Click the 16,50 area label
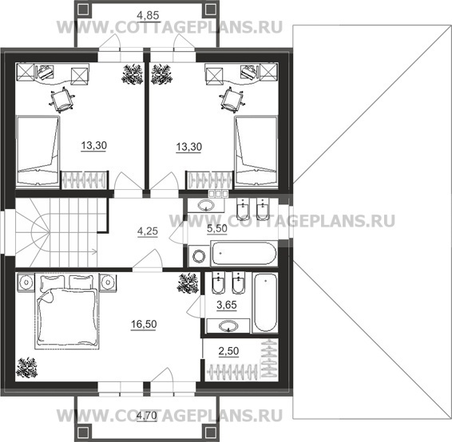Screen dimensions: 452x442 pyautogui.click(x=144, y=324)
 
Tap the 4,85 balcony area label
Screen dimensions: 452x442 pyautogui.click(x=148, y=15)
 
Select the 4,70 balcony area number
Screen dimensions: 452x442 pyautogui.click(x=147, y=416)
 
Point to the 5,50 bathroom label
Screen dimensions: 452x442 pyautogui.click(x=217, y=228)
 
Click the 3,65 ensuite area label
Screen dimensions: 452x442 pyautogui.click(x=227, y=305)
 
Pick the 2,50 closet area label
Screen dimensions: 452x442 pyautogui.click(x=228, y=351)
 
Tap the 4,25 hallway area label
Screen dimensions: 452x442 pyautogui.click(x=148, y=231)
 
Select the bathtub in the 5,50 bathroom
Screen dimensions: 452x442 pyautogui.click(x=244, y=255)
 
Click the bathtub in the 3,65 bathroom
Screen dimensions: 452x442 pyautogui.click(x=265, y=303)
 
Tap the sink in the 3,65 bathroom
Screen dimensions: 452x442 pyautogui.click(x=228, y=326)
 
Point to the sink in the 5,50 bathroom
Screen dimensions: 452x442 pyautogui.click(x=205, y=206)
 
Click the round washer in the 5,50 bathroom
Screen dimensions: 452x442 pyautogui.click(x=199, y=256)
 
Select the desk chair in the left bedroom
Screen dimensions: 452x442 pyautogui.click(x=61, y=101)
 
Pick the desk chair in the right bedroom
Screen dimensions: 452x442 pyautogui.click(x=232, y=100)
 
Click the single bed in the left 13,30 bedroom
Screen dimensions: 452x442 pyautogui.click(x=38, y=151)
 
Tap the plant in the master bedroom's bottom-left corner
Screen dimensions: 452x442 pyautogui.click(x=26, y=368)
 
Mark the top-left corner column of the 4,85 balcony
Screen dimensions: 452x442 pyautogui.click(x=83, y=10)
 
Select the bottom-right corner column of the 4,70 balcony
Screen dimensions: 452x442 pyautogui.click(x=211, y=432)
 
